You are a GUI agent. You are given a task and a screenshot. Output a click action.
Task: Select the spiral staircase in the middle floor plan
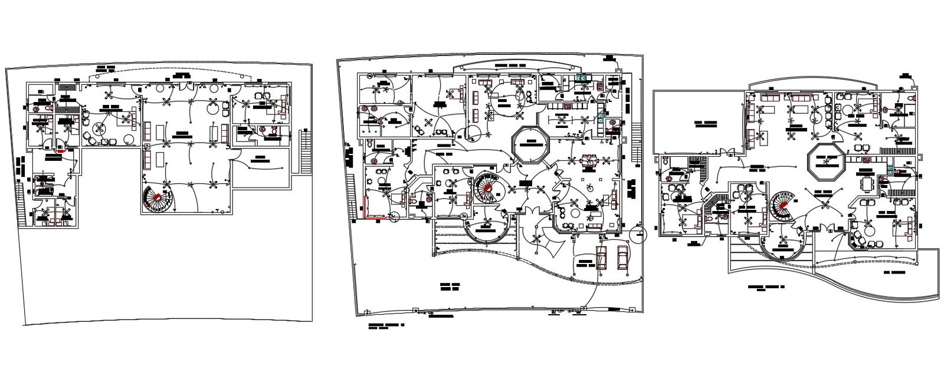pyautogui.click(x=488, y=187)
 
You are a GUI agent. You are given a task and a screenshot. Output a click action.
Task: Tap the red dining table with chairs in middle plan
pyautogui.click(x=588, y=160)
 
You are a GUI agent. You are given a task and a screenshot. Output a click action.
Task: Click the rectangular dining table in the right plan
pyautogui.click(x=866, y=185)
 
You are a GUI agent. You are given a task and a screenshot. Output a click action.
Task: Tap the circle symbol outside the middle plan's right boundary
pyautogui.click(x=638, y=234)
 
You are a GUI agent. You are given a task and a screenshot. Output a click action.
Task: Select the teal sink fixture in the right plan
pyautogui.click(x=890, y=169)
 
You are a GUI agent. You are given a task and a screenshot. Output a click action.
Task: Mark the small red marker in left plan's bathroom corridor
pyautogui.click(x=59, y=150)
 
